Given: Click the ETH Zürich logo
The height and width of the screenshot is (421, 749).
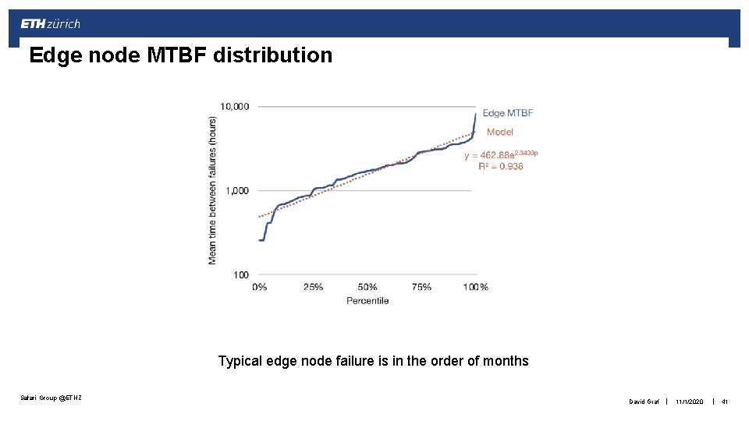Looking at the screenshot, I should click(51, 24).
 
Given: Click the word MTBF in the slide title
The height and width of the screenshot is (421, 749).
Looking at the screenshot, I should click(173, 55).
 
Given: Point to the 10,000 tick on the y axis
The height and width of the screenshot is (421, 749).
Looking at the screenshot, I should click(234, 106).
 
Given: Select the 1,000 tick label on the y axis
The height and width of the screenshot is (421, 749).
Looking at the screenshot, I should click(236, 190).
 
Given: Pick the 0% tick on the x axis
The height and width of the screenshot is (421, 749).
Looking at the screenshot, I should click(259, 287).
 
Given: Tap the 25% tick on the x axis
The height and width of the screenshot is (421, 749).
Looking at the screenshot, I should click(312, 287).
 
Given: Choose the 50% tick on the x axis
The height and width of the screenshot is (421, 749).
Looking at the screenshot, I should click(367, 287).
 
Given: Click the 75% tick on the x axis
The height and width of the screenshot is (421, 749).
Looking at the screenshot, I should click(421, 287).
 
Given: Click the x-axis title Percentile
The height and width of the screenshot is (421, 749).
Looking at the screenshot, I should click(367, 300).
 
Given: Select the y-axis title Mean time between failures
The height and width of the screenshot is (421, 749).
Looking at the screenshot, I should click(212, 190).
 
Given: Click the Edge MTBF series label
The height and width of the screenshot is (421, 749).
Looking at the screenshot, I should click(508, 113).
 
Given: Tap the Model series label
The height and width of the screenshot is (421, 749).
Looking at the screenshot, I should click(500, 132).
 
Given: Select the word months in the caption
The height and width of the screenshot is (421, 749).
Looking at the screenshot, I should click(506, 361).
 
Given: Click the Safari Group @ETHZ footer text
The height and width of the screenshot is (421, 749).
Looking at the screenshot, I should click(51, 398).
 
